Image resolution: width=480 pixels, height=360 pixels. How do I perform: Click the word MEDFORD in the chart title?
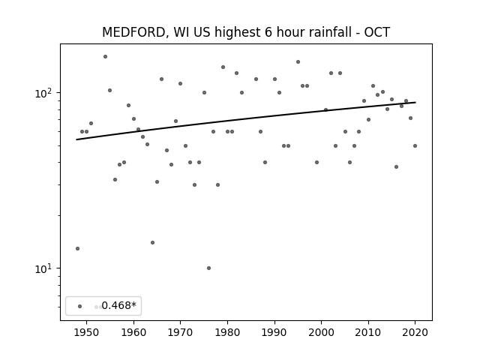133,32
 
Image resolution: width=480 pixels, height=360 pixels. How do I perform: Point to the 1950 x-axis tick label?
86,332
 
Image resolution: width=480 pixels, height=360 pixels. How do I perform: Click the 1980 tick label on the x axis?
227,332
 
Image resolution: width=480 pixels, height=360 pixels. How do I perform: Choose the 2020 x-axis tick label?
415,332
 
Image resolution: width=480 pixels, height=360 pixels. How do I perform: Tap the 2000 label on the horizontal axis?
322,332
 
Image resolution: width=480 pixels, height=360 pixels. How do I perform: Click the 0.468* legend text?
118,305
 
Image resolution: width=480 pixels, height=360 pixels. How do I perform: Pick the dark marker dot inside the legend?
80,306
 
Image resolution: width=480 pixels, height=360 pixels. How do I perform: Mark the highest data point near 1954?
105,57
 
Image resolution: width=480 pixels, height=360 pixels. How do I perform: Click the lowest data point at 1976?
208,268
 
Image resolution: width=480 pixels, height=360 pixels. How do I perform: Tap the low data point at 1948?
77,248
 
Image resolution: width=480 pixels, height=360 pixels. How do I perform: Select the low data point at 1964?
152,243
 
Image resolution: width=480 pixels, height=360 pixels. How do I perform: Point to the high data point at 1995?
298,61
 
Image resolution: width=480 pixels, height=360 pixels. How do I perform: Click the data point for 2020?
415,146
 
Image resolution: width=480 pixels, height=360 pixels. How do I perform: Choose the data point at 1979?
223,67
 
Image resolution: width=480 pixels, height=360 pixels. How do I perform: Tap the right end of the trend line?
415,102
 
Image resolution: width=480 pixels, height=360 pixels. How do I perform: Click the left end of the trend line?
76,139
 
